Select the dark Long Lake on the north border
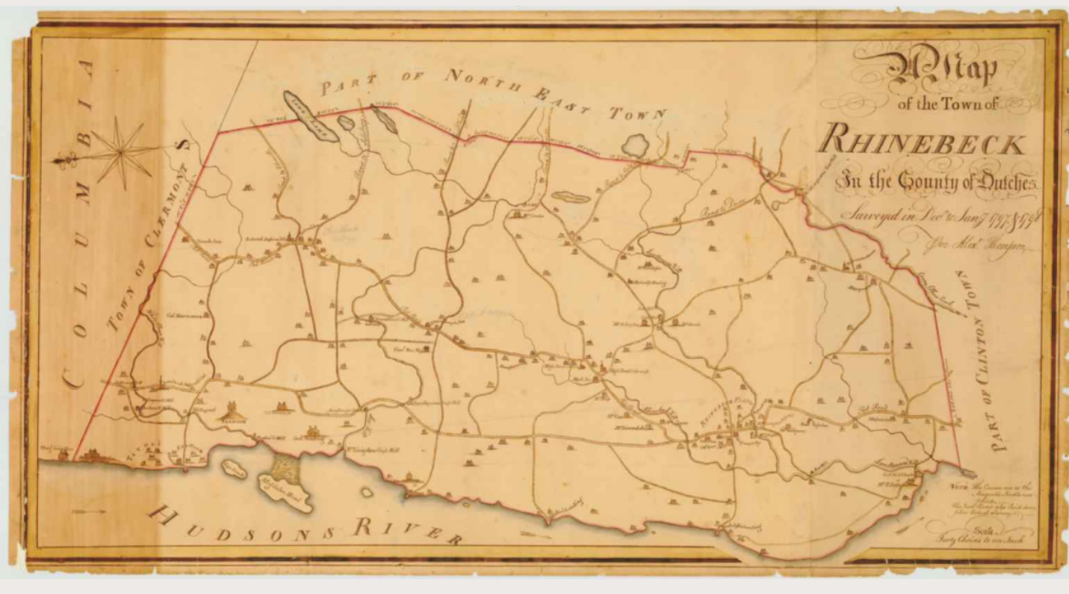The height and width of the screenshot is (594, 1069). (x=310, y=116)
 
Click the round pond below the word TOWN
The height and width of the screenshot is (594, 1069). (x=636, y=145)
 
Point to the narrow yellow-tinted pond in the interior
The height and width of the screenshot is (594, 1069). (x=570, y=196)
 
